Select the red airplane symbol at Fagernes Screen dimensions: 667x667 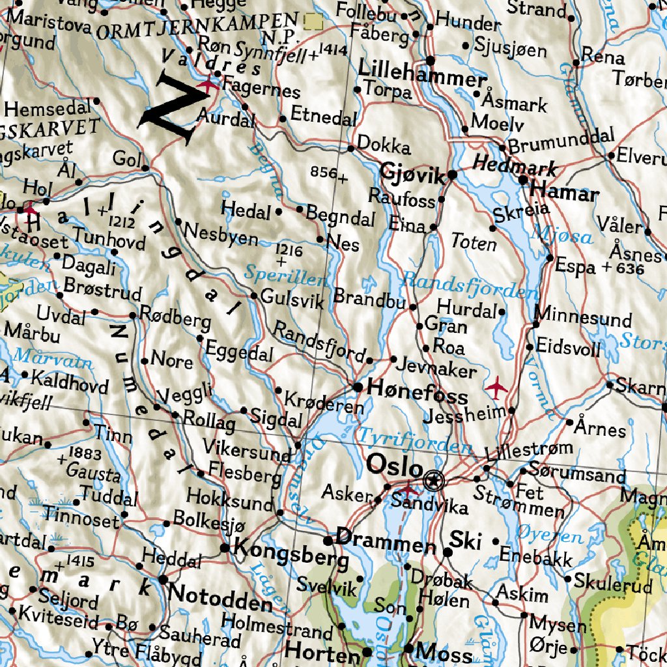(x=208, y=84)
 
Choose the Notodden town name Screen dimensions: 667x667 (x=220, y=596)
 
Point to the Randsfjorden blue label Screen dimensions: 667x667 (x=469, y=284)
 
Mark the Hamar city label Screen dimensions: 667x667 (x=564, y=193)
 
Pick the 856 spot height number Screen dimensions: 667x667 (x=324, y=173)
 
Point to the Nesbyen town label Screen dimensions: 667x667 (x=221, y=233)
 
